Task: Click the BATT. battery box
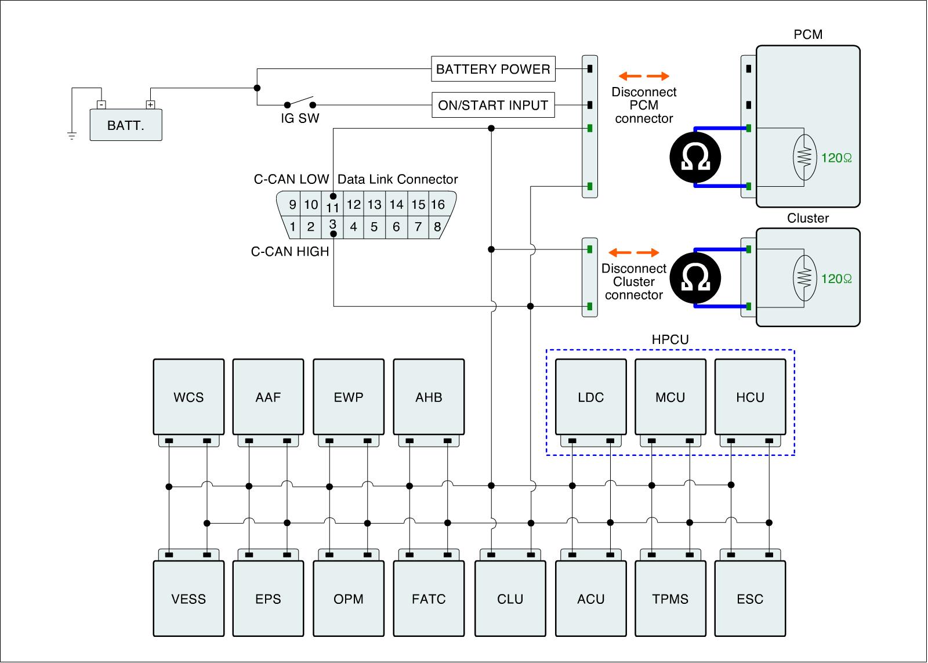pos(126,125)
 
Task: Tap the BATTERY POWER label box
pos(493,69)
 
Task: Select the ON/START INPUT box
pos(493,105)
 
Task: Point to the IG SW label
pos(300,119)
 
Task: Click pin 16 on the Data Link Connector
pos(438,204)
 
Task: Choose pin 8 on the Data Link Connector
pos(437,227)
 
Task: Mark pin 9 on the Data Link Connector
pos(292,204)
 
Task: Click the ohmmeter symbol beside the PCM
pos(695,157)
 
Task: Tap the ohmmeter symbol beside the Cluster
pos(695,278)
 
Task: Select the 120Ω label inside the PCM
pos(836,158)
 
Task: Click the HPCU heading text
pos(670,340)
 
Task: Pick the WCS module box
pos(188,397)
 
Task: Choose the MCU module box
pos(670,397)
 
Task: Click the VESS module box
pos(188,599)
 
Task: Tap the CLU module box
pos(510,599)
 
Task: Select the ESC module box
pos(750,599)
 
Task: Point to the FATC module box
pos(429,599)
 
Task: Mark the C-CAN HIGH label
pos(290,252)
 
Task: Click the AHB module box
pos(429,397)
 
